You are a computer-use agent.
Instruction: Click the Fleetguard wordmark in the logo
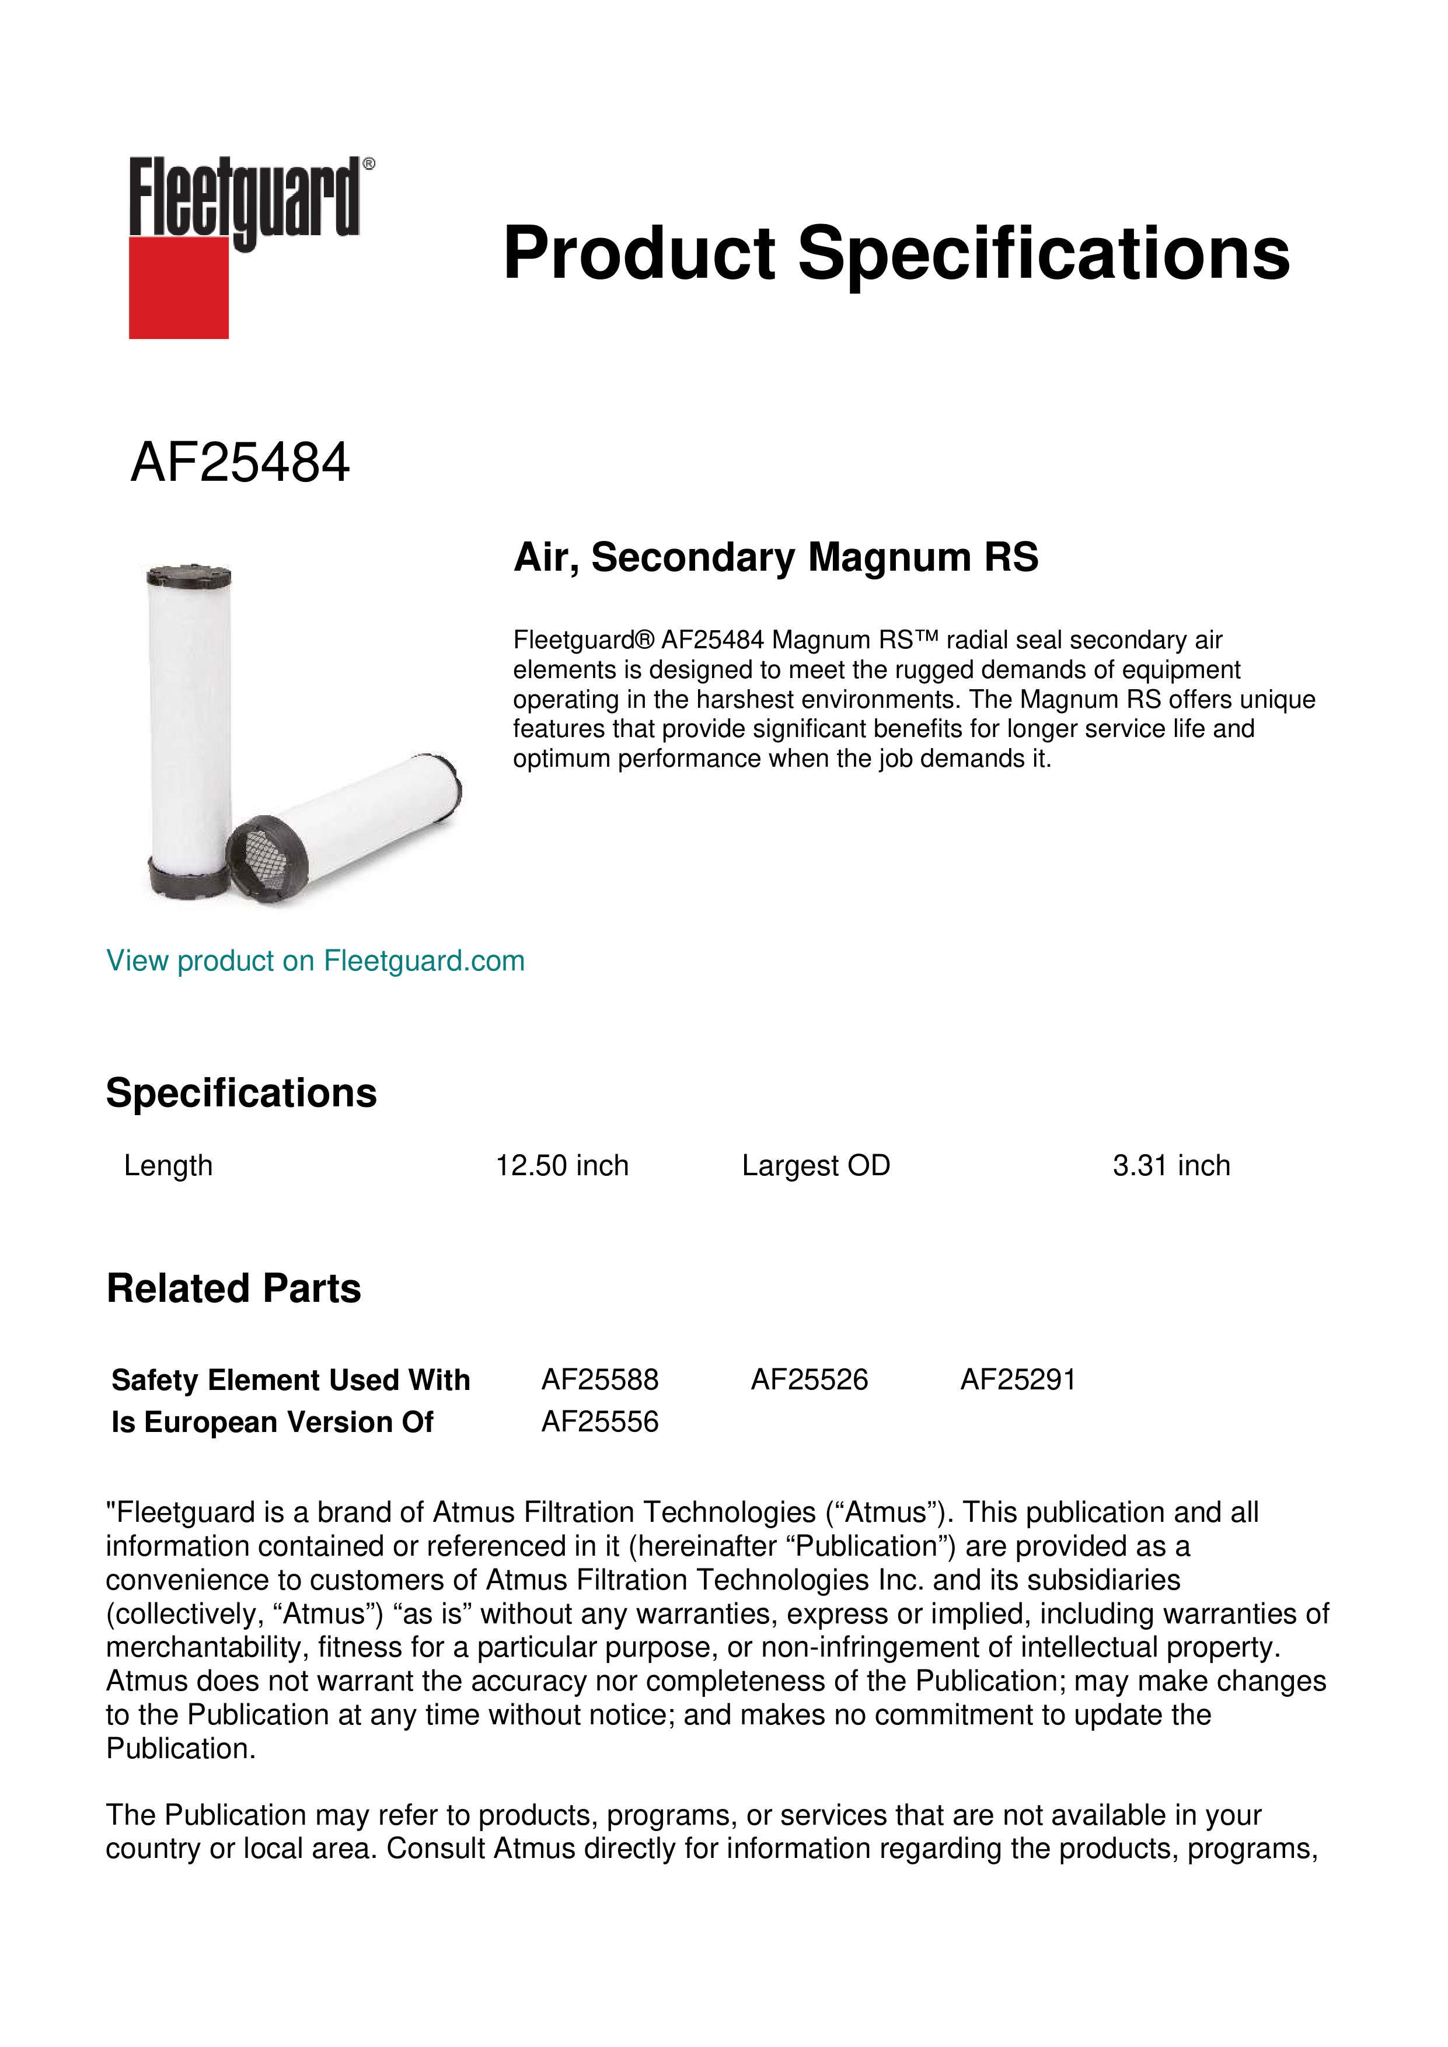click(245, 198)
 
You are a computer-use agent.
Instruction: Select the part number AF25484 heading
click(240, 463)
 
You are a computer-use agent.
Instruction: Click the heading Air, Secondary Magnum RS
click(776, 557)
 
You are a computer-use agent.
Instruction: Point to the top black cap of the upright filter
click(189, 574)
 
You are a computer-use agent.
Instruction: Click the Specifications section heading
click(240, 1093)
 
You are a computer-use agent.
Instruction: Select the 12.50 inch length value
click(561, 1165)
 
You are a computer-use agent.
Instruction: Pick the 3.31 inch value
click(1171, 1165)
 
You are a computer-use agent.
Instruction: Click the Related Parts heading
click(233, 1288)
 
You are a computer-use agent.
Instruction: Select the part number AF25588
click(599, 1379)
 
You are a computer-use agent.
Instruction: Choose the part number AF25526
click(809, 1379)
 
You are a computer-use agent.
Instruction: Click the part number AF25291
click(1017, 1379)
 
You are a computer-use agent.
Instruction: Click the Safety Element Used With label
click(291, 1379)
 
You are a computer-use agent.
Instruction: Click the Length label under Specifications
click(168, 1165)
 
